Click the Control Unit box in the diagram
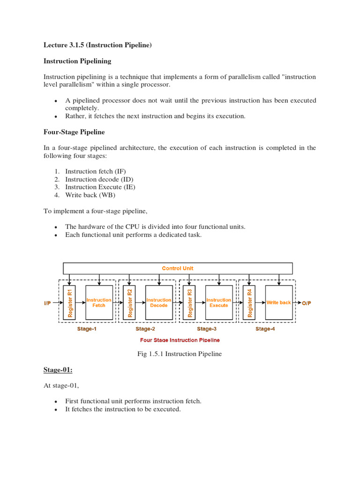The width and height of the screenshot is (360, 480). pyautogui.click(x=178, y=268)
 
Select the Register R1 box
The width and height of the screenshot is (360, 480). pyautogui.click(x=70, y=303)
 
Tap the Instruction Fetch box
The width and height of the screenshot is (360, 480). pyautogui.click(x=99, y=303)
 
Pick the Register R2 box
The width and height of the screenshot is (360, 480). pyautogui.click(x=130, y=303)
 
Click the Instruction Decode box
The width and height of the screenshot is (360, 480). pyautogui.click(x=159, y=303)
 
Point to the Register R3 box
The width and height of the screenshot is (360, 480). pyautogui.click(x=189, y=303)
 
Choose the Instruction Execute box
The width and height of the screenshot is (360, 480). pyautogui.click(x=218, y=303)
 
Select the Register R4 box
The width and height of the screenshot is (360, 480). pyautogui.click(x=249, y=303)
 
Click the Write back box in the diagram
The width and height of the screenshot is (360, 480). pyautogui.click(x=278, y=303)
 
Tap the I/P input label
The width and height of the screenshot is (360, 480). pyautogui.click(x=48, y=303)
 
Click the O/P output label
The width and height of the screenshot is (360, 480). pyautogui.click(x=306, y=303)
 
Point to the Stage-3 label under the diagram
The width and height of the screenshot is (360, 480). pyautogui.click(x=207, y=329)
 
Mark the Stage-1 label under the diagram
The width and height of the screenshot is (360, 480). pyautogui.click(x=87, y=329)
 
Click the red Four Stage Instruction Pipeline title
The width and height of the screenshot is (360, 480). pyautogui.click(x=180, y=340)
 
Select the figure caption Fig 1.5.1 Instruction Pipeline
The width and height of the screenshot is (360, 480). pyautogui.click(x=180, y=354)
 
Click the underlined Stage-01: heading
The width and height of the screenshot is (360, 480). pyautogui.click(x=58, y=370)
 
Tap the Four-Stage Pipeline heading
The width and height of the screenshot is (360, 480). pyautogui.click(x=74, y=132)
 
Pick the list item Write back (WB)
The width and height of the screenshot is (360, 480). pyautogui.click(x=90, y=195)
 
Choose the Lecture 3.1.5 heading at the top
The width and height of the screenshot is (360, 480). pyautogui.click(x=97, y=45)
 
